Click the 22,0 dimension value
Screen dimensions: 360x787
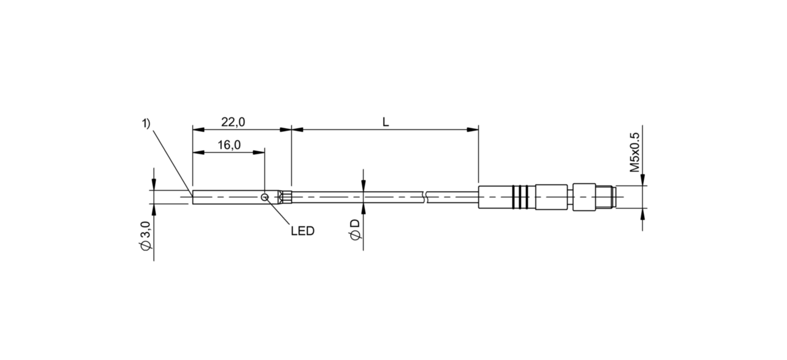233,122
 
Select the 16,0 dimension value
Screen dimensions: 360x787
229,145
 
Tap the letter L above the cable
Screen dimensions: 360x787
386,122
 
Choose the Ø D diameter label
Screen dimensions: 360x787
356,229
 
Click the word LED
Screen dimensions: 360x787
302,232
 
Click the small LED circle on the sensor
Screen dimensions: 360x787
265,197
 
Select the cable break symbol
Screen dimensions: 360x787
426,197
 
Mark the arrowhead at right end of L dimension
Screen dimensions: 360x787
473,130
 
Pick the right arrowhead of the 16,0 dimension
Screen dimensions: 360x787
259,152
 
